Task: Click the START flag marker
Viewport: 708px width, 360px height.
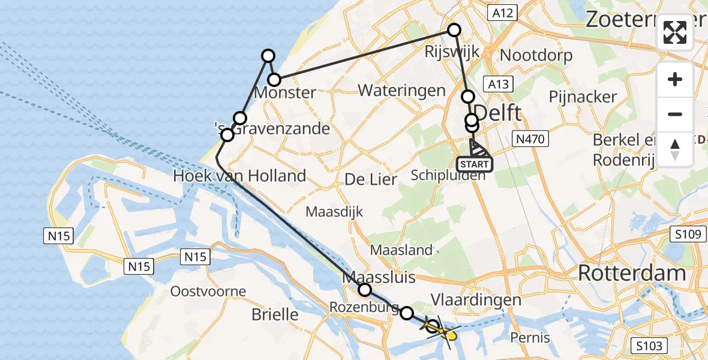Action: (475, 163)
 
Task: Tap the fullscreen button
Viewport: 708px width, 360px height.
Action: (675, 32)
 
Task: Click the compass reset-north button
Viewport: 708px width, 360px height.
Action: (675, 149)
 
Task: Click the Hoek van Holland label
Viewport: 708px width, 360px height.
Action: (239, 176)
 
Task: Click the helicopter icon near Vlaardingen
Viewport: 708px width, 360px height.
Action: (445, 331)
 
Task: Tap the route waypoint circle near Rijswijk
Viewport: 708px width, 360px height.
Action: (454, 30)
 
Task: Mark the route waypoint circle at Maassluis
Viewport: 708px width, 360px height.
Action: (365, 290)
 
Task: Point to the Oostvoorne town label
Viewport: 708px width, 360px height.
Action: (208, 292)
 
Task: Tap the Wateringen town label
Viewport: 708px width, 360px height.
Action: (402, 91)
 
